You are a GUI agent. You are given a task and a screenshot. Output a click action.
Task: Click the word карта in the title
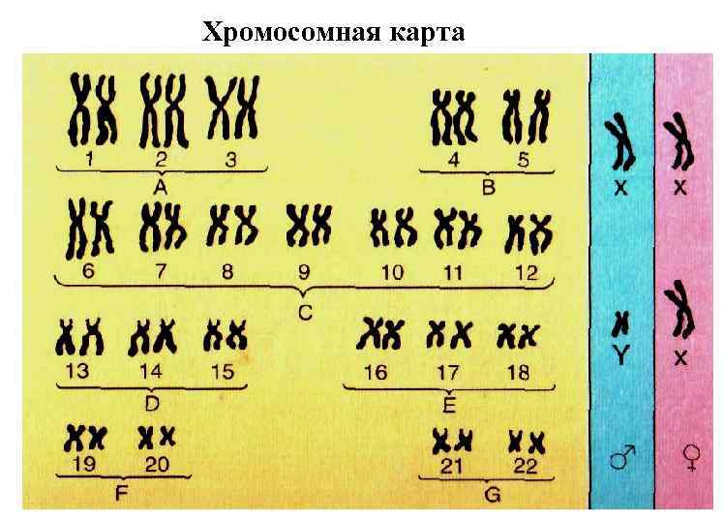(419, 33)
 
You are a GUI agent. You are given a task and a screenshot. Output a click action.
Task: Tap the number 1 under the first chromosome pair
(89, 159)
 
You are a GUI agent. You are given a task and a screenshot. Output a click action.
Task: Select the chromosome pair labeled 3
(232, 109)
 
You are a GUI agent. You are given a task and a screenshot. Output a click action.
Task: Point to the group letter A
(161, 184)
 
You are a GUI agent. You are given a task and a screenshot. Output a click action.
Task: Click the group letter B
(488, 186)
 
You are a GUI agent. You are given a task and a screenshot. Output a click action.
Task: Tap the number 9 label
(304, 272)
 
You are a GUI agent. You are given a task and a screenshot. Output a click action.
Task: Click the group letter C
(305, 313)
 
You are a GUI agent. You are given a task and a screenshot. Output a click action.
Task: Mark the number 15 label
(222, 371)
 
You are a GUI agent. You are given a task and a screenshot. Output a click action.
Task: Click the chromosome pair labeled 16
(380, 335)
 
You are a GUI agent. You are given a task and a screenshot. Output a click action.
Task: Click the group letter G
(491, 495)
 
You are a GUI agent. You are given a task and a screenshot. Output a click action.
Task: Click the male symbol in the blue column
(621, 454)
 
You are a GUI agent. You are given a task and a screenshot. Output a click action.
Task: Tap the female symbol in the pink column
(691, 454)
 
